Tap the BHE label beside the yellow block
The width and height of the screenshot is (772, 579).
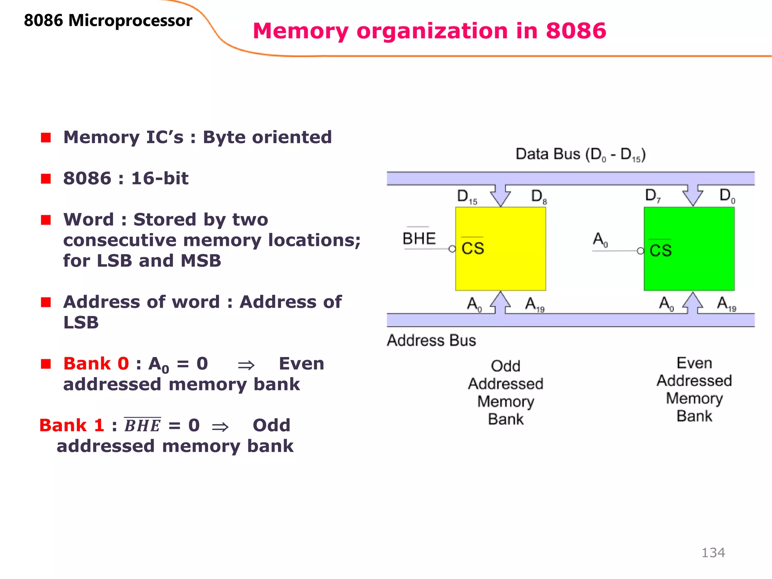coord(419,238)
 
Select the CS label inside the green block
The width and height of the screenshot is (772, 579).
coord(660,250)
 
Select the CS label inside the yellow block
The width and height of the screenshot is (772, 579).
coord(473,248)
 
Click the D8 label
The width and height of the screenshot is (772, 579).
coord(539,197)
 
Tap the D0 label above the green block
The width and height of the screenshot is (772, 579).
coord(727,196)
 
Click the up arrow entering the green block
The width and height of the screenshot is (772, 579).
coord(692,303)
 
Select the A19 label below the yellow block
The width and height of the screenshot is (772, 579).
coord(535,304)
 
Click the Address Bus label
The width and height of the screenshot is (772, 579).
coord(431,340)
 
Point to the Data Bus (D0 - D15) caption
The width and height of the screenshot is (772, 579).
coord(581,155)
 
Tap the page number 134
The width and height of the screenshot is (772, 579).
coord(713,553)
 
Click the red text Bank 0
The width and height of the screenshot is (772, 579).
coord(96,364)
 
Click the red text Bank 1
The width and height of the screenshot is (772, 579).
coord(72,426)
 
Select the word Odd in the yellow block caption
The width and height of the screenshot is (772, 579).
coord(505,366)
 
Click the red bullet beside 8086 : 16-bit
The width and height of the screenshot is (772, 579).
coord(46,179)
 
